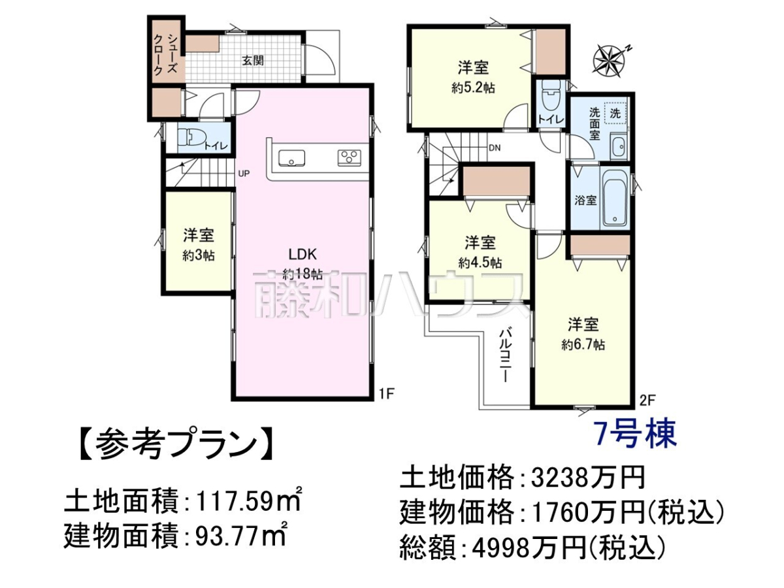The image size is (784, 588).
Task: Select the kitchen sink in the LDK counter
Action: coord(291,158)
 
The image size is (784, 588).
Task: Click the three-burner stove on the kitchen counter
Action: coord(349,158)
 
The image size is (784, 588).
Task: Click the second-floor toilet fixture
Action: coord(551,97)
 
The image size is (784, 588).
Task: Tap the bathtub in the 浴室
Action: coord(615,198)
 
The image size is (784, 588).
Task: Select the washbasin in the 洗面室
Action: coord(618,147)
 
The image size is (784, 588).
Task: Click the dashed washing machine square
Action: coord(615,113)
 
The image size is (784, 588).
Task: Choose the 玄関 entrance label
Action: coord(253,61)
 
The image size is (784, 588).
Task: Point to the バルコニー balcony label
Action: coord(504,355)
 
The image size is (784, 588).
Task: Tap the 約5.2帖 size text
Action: coord(473,88)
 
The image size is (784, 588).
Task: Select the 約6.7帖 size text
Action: coord(583,344)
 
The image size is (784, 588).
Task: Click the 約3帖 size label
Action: coord(199,255)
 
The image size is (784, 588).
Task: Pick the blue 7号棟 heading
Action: coord(636,434)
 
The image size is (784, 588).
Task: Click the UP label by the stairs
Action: coord(244,174)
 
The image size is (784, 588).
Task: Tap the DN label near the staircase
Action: coord(495,148)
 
